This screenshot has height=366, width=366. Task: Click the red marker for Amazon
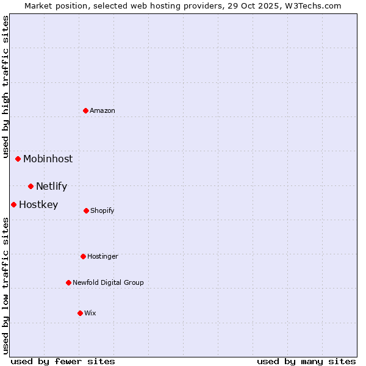coord(86,110)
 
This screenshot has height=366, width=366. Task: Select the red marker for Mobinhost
coord(18,159)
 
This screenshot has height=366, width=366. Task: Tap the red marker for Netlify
coord(31,186)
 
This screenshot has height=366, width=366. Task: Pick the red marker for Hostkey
coord(14,204)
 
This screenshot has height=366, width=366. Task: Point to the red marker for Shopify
coord(87,210)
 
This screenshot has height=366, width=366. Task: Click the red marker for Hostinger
coord(84,256)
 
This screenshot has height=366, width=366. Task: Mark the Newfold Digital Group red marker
coord(69,282)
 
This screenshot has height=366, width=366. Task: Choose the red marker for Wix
coord(81,313)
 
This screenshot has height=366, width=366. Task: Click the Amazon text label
coord(102,110)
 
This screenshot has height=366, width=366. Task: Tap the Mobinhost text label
coord(48,159)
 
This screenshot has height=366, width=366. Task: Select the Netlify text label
coord(51,186)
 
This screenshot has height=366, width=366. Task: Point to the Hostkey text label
coord(38,204)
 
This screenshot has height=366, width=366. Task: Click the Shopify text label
coord(102,210)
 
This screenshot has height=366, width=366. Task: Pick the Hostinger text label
coord(102,256)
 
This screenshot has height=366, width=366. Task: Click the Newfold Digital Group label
coord(108,282)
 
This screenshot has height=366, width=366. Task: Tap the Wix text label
coord(90,313)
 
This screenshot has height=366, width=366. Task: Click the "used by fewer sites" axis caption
coord(63,361)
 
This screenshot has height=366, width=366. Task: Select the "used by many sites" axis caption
coord(306,361)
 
